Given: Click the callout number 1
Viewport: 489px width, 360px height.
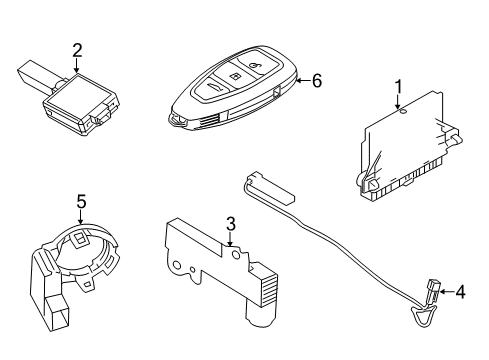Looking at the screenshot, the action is pos(398,87).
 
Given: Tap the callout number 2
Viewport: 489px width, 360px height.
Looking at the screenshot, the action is pos(77,50).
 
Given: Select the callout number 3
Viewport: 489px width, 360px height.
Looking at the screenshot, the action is pos(231,224).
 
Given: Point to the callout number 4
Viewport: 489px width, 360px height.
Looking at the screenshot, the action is pos(460,292).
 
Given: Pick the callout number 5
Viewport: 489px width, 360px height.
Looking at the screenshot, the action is pos(81,202).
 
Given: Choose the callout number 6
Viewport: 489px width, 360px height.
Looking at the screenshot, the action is pos(317,81).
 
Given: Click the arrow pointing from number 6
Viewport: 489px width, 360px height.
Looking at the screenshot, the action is pos(304,81).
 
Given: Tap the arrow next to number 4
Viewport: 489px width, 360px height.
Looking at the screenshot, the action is pos(447,292).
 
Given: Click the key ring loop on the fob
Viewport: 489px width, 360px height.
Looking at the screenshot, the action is pos(176,120).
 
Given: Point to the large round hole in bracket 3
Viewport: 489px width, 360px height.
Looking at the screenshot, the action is pos(236,255).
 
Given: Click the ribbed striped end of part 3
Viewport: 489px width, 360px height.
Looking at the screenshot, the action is pos(269,290).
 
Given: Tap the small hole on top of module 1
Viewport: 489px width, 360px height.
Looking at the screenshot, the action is pos(403,112).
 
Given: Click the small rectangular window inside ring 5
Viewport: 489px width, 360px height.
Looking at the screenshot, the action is pos(79,238).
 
